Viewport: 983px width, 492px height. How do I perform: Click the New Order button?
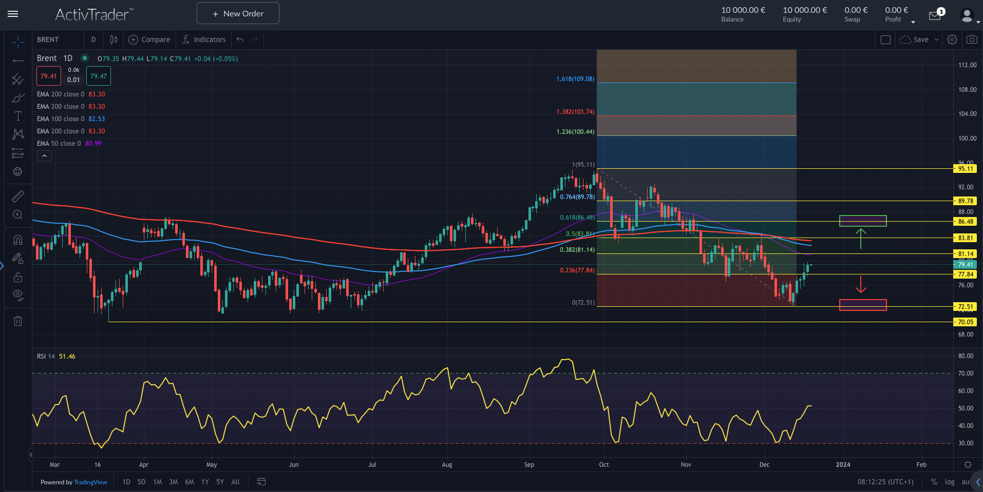pos(238,13)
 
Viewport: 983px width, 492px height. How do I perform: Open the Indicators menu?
pos(204,40)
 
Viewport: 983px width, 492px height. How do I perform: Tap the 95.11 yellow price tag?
pos(965,169)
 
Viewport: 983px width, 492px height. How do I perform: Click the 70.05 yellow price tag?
pos(965,322)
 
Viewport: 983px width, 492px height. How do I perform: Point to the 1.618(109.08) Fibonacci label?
pos(575,79)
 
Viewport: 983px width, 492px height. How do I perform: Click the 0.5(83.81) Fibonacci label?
pos(580,234)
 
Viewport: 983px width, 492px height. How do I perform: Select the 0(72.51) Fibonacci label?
pos(583,303)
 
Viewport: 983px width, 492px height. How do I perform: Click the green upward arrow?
pos(861,239)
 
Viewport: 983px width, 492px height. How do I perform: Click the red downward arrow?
pos(861,285)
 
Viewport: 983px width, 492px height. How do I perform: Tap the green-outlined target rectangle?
pos(863,221)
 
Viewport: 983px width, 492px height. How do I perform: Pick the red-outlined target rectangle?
pos(863,305)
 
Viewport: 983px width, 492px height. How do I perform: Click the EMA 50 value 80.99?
pos(93,144)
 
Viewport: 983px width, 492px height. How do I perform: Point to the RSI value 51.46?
pos(67,357)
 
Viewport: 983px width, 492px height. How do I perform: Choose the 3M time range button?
pos(173,482)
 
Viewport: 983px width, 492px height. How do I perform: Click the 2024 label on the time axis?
pos(843,465)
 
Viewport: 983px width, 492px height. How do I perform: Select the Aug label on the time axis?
pos(447,465)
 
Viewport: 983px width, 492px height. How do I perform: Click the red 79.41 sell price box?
pos(49,76)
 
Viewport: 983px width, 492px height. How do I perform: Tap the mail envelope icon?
pos(934,16)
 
